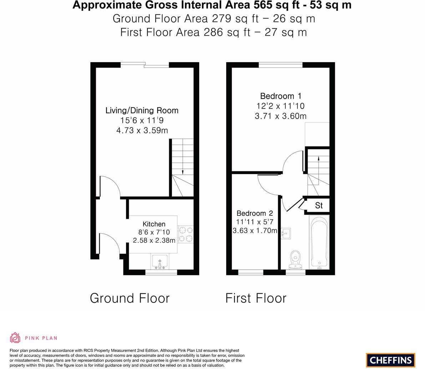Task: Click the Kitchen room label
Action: tap(154, 224)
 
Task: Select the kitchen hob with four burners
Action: tap(186, 234)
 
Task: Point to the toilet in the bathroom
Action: tap(295, 260)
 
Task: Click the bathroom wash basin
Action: tap(286, 233)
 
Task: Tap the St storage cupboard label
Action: tap(319, 205)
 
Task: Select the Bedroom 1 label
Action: tap(280, 96)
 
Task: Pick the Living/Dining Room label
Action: tap(142, 110)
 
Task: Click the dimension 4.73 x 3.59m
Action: tap(142, 130)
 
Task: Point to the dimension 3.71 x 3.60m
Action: tap(280, 116)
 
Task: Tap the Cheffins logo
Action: tap(391, 360)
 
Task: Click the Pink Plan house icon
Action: tap(15, 338)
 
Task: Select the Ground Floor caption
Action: tap(130, 298)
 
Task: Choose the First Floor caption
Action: tap(256, 298)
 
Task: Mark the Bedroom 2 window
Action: tap(251, 272)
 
